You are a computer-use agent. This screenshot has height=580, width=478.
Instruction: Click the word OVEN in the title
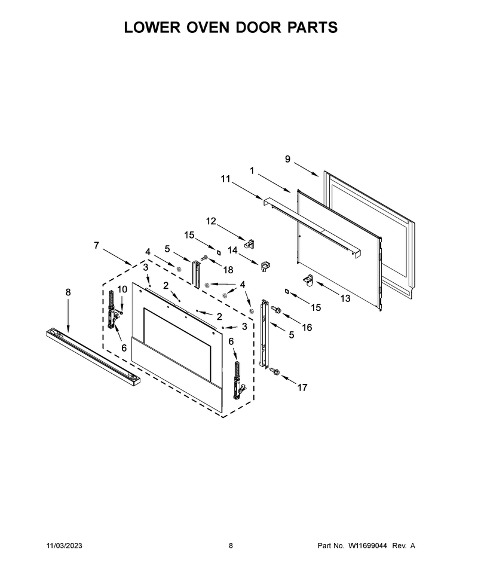click(x=206, y=28)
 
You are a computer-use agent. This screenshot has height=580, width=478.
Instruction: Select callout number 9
click(x=287, y=159)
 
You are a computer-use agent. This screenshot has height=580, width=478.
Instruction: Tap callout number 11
click(x=225, y=179)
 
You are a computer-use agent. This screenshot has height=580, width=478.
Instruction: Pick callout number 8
click(x=68, y=292)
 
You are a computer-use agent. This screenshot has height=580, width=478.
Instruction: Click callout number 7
click(x=96, y=245)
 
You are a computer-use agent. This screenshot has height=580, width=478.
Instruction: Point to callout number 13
click(x=345, y=298)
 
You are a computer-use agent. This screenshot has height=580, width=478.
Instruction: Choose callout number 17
click(x=302, y=387)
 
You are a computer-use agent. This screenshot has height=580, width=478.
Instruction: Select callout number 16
click(x=307, y=327)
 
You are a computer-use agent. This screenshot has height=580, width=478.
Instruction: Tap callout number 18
click(x=228, y=270)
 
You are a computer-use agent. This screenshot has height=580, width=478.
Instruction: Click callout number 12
click(x=211, y=221)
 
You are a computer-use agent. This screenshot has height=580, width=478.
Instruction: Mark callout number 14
click(x=232, y=250)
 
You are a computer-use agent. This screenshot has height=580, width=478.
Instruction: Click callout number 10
click(x=122, y=289)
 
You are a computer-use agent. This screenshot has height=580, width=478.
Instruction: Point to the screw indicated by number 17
click(x=275, y=371)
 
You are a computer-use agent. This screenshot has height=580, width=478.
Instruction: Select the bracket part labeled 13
click(x=308, y=281)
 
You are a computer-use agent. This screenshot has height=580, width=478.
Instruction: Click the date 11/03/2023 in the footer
click(x=65, y=545)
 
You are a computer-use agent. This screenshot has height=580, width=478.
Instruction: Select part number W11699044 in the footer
click(x=367, y=545)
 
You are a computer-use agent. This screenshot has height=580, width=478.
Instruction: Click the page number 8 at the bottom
click(x=231, y=545)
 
